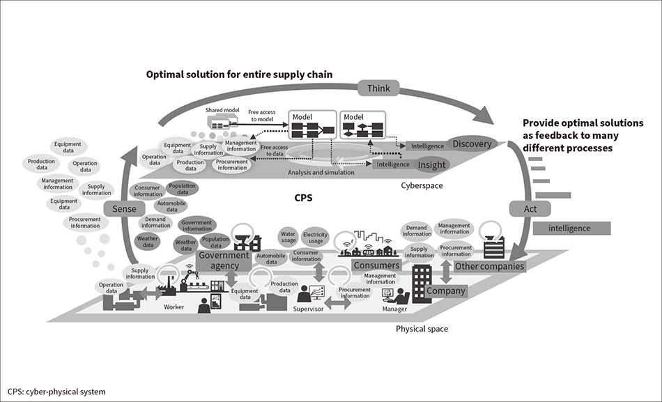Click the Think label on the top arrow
(378, 88)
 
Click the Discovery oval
(471, 144)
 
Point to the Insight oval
(431, 165)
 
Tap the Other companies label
(489, 265)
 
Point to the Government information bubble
(197, 225)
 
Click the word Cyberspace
(422, 186)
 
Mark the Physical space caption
(422, 329)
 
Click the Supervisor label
(308, 309)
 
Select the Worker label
(174, 307)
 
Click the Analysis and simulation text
(321, 172)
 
